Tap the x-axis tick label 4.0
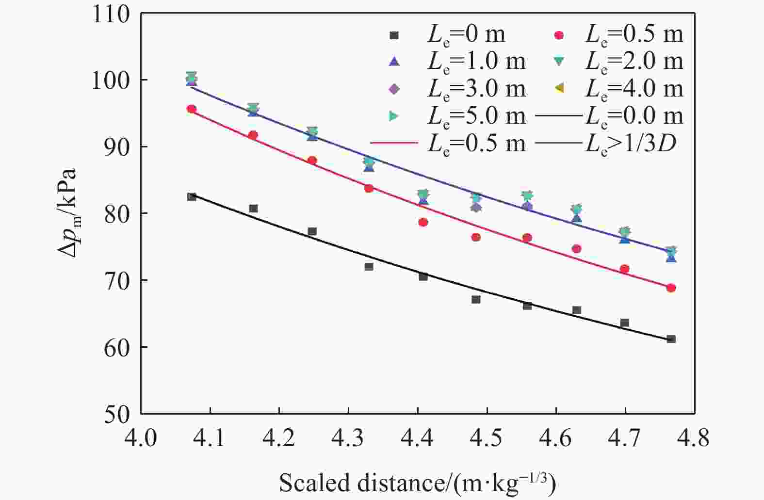[141, 438]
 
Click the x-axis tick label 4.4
[418, 438]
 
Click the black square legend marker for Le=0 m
[394, 35]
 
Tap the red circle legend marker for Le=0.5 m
[559, 35]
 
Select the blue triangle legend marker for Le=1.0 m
[394, 62]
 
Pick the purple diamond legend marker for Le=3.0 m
[394, 89]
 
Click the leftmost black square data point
[192, 196]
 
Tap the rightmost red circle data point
[671, 288]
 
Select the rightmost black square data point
[671, 339]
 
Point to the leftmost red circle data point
[192, 109]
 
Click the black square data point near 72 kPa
[369, 266]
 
